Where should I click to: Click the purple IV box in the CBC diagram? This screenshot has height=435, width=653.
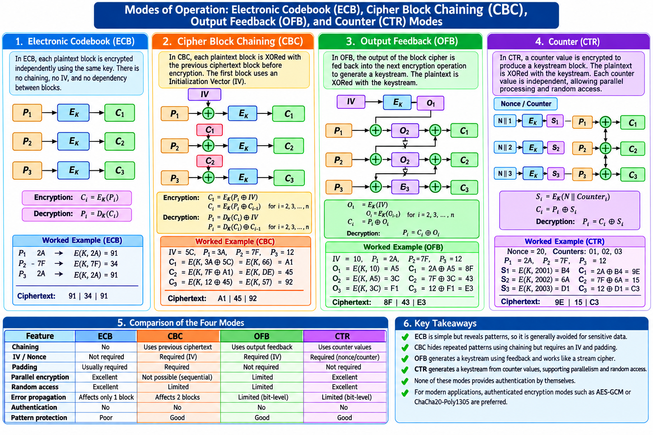204,94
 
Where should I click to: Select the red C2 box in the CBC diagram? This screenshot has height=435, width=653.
210,161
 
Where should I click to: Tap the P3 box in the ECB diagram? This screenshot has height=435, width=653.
27,170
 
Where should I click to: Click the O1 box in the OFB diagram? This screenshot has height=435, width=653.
430,103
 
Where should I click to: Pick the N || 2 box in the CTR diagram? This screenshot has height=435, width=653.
505,147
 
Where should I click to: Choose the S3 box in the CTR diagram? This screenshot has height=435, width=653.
556,174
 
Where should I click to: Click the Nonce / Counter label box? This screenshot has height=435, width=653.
525,104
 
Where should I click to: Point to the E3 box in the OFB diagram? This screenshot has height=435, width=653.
405,187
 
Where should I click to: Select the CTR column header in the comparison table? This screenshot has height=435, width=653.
345,336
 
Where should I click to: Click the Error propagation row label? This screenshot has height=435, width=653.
39,397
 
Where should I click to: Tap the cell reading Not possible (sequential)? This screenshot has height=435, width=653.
177,377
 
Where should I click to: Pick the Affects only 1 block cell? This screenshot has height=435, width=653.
106,397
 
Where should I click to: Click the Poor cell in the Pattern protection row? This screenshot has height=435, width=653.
106,418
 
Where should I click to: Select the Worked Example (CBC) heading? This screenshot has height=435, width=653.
235,242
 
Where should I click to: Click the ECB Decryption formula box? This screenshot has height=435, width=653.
77,214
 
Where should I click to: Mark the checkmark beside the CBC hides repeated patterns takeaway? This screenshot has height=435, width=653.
405,347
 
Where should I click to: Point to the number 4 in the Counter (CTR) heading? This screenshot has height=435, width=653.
539,42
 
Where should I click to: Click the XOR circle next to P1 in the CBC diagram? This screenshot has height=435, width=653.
208,113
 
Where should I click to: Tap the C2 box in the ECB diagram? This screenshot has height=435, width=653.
119,141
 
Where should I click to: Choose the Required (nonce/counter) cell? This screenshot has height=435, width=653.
345,357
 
